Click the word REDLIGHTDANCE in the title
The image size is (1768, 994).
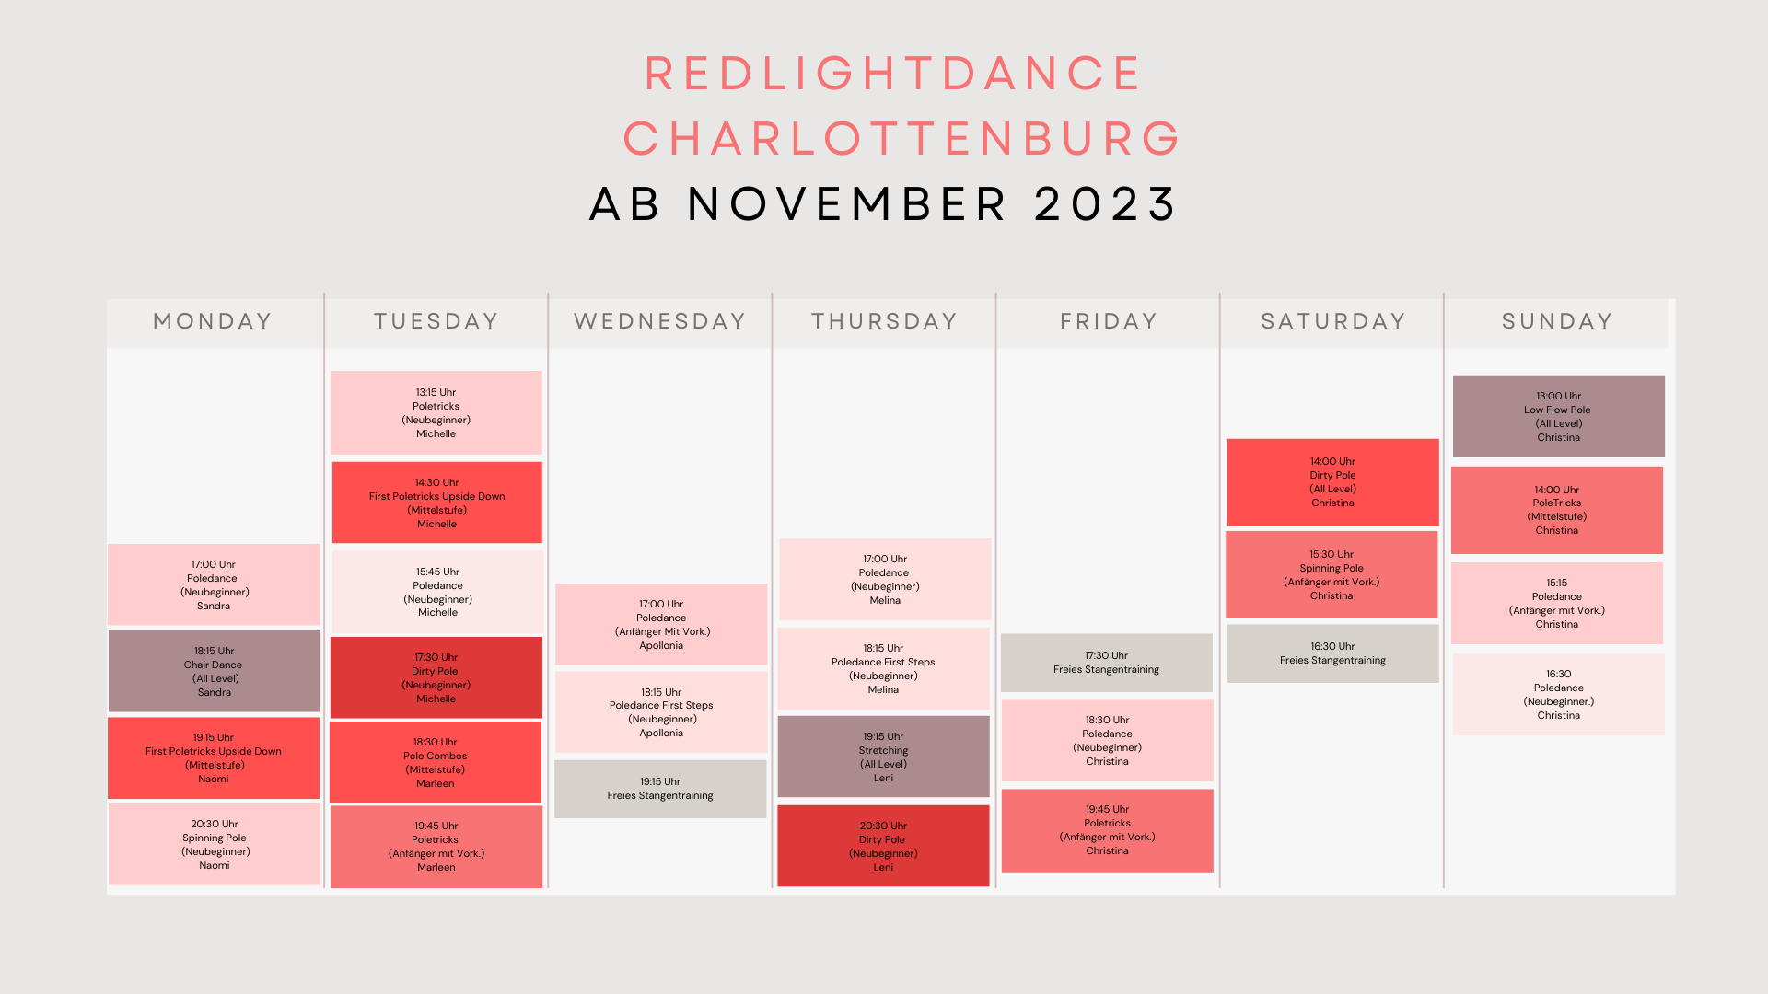point(892,74)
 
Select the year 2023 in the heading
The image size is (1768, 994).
point(1105,203)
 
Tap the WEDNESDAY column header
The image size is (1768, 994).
point(659,321)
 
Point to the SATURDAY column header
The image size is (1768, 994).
point(1332,321)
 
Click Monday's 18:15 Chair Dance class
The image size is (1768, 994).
point(215,671)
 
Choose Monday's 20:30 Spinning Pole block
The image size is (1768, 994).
point(215,844)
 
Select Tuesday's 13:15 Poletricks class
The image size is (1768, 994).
point(436,412)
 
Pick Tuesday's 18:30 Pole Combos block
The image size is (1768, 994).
point(436,762)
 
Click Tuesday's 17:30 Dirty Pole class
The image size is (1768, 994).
point(436,677)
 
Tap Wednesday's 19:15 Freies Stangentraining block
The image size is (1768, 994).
point(660,789)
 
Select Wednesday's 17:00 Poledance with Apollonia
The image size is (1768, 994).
point(661,624)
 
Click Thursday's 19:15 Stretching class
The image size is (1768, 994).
point(884,757)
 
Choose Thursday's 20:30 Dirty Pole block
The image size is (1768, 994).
point(883,846)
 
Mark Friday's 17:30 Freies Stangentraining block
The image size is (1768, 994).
point(1107,663)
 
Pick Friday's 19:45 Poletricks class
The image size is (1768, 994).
point(1108,830)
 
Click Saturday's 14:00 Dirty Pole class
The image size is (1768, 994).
point(1333,482)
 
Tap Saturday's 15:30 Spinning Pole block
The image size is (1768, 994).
point(1332,574)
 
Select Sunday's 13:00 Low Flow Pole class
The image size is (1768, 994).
point(1559,416)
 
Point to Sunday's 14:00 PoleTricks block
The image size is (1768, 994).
point(1557,510)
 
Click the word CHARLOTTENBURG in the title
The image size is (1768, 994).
point(902,139)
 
